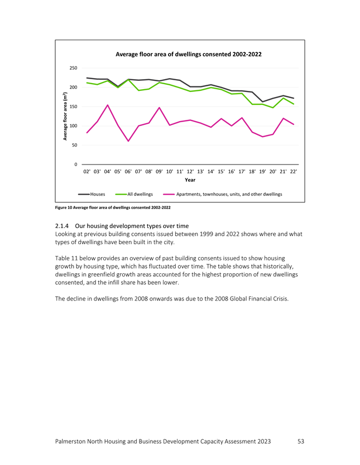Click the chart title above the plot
[x=189, y=54]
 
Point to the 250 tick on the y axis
[x=73, y=68]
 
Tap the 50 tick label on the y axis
[x=74, y=146]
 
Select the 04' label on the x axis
[x=107, y=171]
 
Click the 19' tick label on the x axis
[x=262, y=171]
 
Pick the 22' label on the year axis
[x=294, y=171]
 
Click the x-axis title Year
[x=190, y=180]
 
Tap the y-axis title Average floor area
[x=65, y=116]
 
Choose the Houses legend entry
[x=92, y=194]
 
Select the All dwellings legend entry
[x=134, y=194]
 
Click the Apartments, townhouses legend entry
[x=223, y=194]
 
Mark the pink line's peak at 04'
[x=107, y=105]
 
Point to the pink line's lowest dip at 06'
[x=128, y=141]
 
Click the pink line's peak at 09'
[x=160, y=108]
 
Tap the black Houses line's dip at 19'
[x=262, y=101]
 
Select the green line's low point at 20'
[x=273, y=108]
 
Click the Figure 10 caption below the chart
[x=113, y=207]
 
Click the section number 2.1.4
[x=62, y=226]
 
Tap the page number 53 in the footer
[x=301, y=442]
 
